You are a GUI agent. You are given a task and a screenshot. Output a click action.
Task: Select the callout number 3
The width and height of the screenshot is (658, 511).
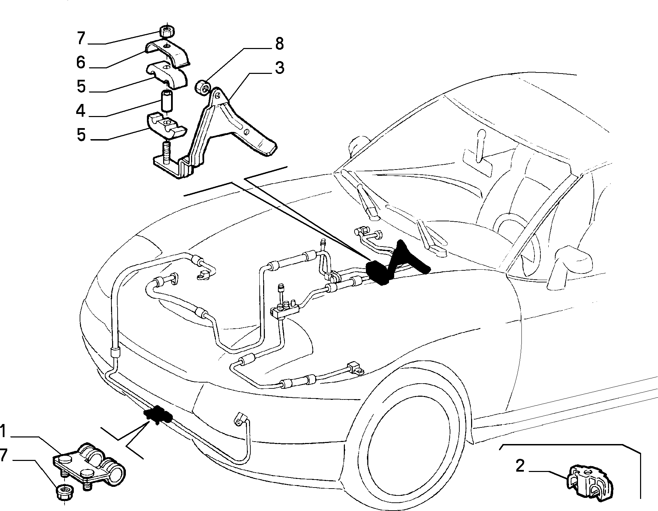(x=280, y=68)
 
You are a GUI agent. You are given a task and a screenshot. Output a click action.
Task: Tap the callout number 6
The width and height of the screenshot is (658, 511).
(x=81, y=62)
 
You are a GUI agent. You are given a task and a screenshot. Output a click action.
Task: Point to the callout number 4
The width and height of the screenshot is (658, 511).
(x=80, y=110)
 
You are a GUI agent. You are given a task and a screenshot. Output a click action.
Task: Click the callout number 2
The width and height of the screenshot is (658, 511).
(x=520, y=466)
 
